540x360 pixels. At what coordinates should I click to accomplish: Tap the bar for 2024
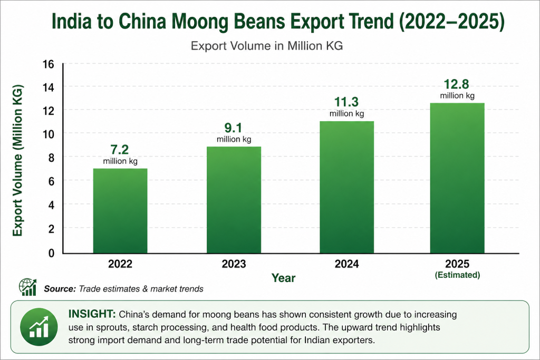pyautogui.click(x=346, y=187)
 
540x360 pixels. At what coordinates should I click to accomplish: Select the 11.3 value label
pyautogui.click(x=346, y=102)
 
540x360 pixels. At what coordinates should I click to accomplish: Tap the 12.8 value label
pyautogui.click(x=457, y=84)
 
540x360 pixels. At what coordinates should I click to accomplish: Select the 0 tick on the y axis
pyautogui.click(x=51, y=253)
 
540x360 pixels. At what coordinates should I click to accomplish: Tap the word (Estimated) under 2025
pyautogui.click(x=457, y=275)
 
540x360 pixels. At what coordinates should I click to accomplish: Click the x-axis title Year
pyautogui.click(x=284, y=277)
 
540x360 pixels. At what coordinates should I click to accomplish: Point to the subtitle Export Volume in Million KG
pyautogui.click(x=267, y=46)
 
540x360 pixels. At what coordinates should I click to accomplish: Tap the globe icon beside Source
pyautogui.click(x=28, y=287)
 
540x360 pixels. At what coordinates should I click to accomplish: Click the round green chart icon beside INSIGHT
pyautogui.click(x=38, y=327)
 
